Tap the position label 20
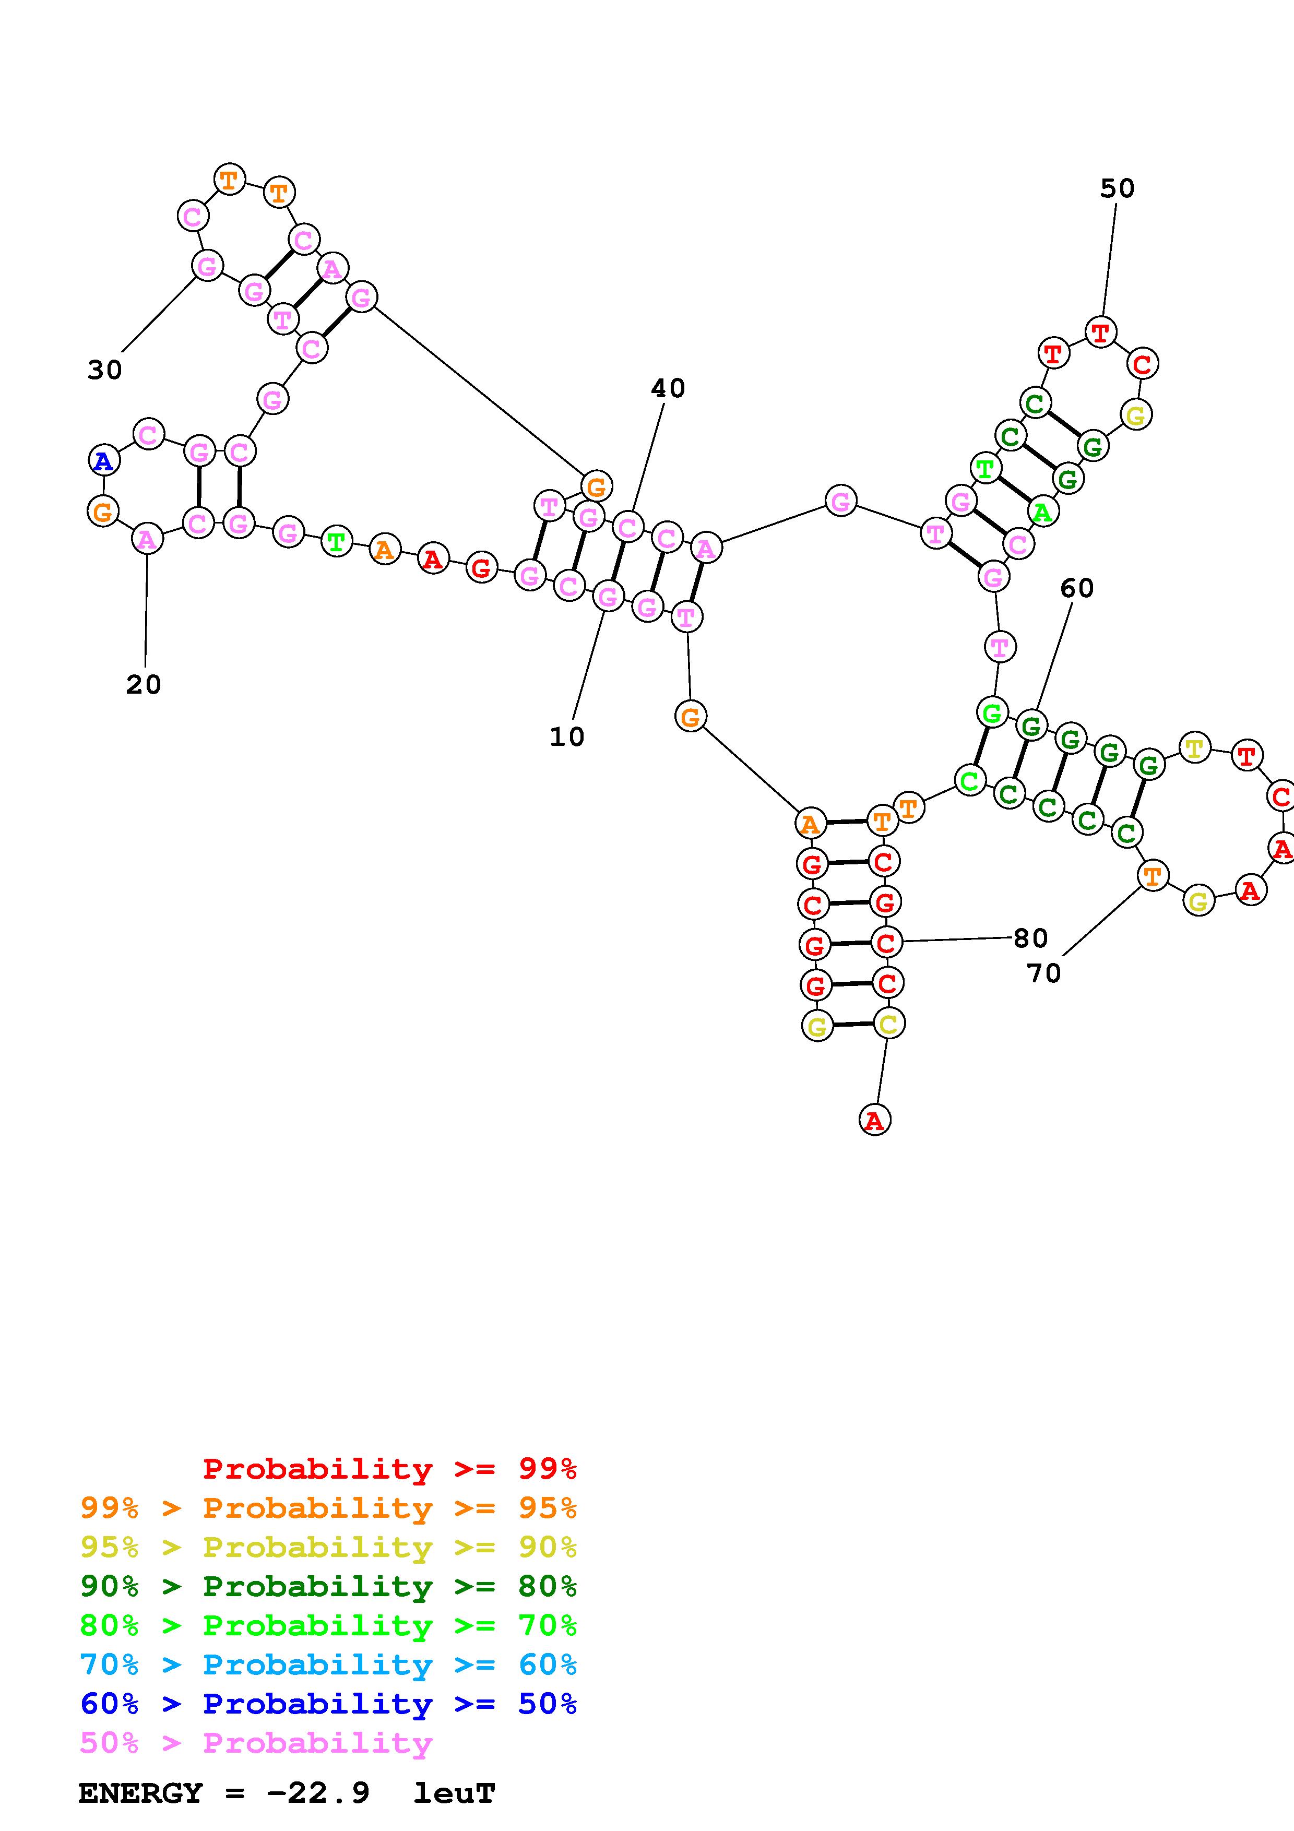pyautogui.click(x=144, y=684)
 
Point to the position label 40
pyautogui.click(x=668, y=388)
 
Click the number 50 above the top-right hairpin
pyautogui.click(x=1117, y=188)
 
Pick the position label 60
pyautogui.click(x=1076, y=588)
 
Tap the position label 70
pyautogui.click(x=1043, y=973)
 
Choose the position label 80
pyautogui.click(x=1030, y=938)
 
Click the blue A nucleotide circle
pyautogui.click(x=103, y=461)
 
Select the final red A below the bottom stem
pyautogui.click(x=875, y=1121)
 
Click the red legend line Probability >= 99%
pyautogui.click(x=390, y=1468)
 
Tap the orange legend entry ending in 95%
pyautogui.click(x=328, y=1508)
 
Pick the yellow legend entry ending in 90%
pyautogui.click(x=328, y=1547)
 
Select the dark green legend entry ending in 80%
pyautogui.click(x=328, y=1586)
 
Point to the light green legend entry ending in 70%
pyautogui.click(x=328, y=1625)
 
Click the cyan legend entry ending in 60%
pyautogui.click(x=328, y=1664)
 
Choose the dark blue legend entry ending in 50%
pyautogui.click(x=328, y=1704)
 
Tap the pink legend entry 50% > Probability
pyautogui.click(x=256, y=1742)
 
